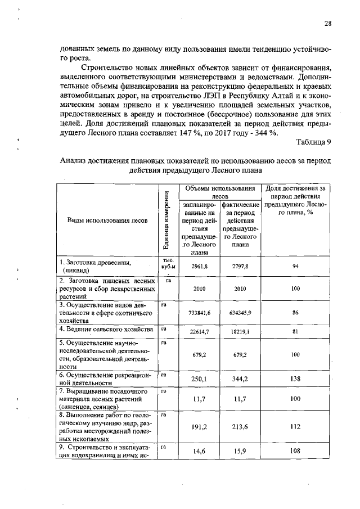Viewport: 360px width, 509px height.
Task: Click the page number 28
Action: click(x=327, y=23)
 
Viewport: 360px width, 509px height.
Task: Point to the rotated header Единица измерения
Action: click(x=166, y=220)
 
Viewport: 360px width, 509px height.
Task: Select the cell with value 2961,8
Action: click(x=200, y=266)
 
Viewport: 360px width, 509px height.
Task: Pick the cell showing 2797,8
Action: click(x=241, y=266)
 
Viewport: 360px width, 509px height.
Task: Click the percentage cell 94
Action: click(x=295, y=266)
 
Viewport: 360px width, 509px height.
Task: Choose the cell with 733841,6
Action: click(x=200, y=312)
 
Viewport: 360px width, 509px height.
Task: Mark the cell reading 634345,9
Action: click(x=241, y=312)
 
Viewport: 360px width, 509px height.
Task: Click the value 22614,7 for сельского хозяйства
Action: click(x=200, y=332)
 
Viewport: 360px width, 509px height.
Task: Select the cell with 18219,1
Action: click(x=241, y=332)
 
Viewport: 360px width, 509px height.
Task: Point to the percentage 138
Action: click(x=295, y=379)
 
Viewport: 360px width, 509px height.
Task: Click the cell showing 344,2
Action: click(x=241, y=379)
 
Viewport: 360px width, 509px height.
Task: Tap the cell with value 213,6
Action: click(x=241, y=426)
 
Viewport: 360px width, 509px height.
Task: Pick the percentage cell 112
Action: click(x=295, y=426)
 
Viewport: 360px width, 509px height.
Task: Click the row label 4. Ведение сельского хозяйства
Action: click(x=106, y=329)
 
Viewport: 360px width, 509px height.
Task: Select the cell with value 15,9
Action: click(x=241, y=451)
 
